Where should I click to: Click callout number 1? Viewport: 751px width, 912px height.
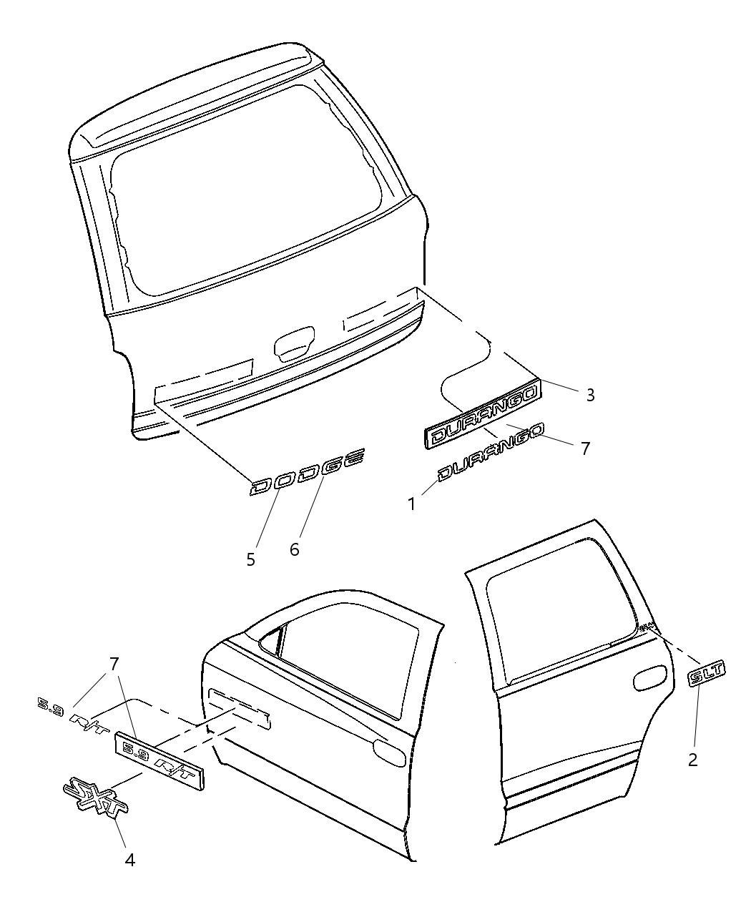click(412, 504)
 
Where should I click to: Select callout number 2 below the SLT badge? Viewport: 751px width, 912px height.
click(692, 760)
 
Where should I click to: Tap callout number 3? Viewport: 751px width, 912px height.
click(590, 395)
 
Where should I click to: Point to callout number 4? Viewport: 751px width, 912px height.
click(129, 860)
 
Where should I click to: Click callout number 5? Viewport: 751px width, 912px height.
click(251, 559)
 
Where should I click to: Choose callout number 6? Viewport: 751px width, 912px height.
click(294, 549)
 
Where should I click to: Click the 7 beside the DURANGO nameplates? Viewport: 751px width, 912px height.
click(585, 448)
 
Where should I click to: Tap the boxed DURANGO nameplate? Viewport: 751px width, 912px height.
click(484, 416)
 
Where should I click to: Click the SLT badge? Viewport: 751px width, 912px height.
click(707, 674)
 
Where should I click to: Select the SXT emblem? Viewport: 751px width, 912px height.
click(95, 795)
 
